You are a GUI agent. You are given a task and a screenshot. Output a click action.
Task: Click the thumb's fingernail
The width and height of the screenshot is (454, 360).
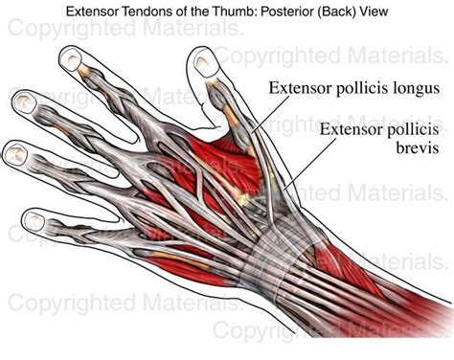coord(204,65)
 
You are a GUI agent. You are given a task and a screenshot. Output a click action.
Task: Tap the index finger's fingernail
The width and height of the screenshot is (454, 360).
coord(71,59)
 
